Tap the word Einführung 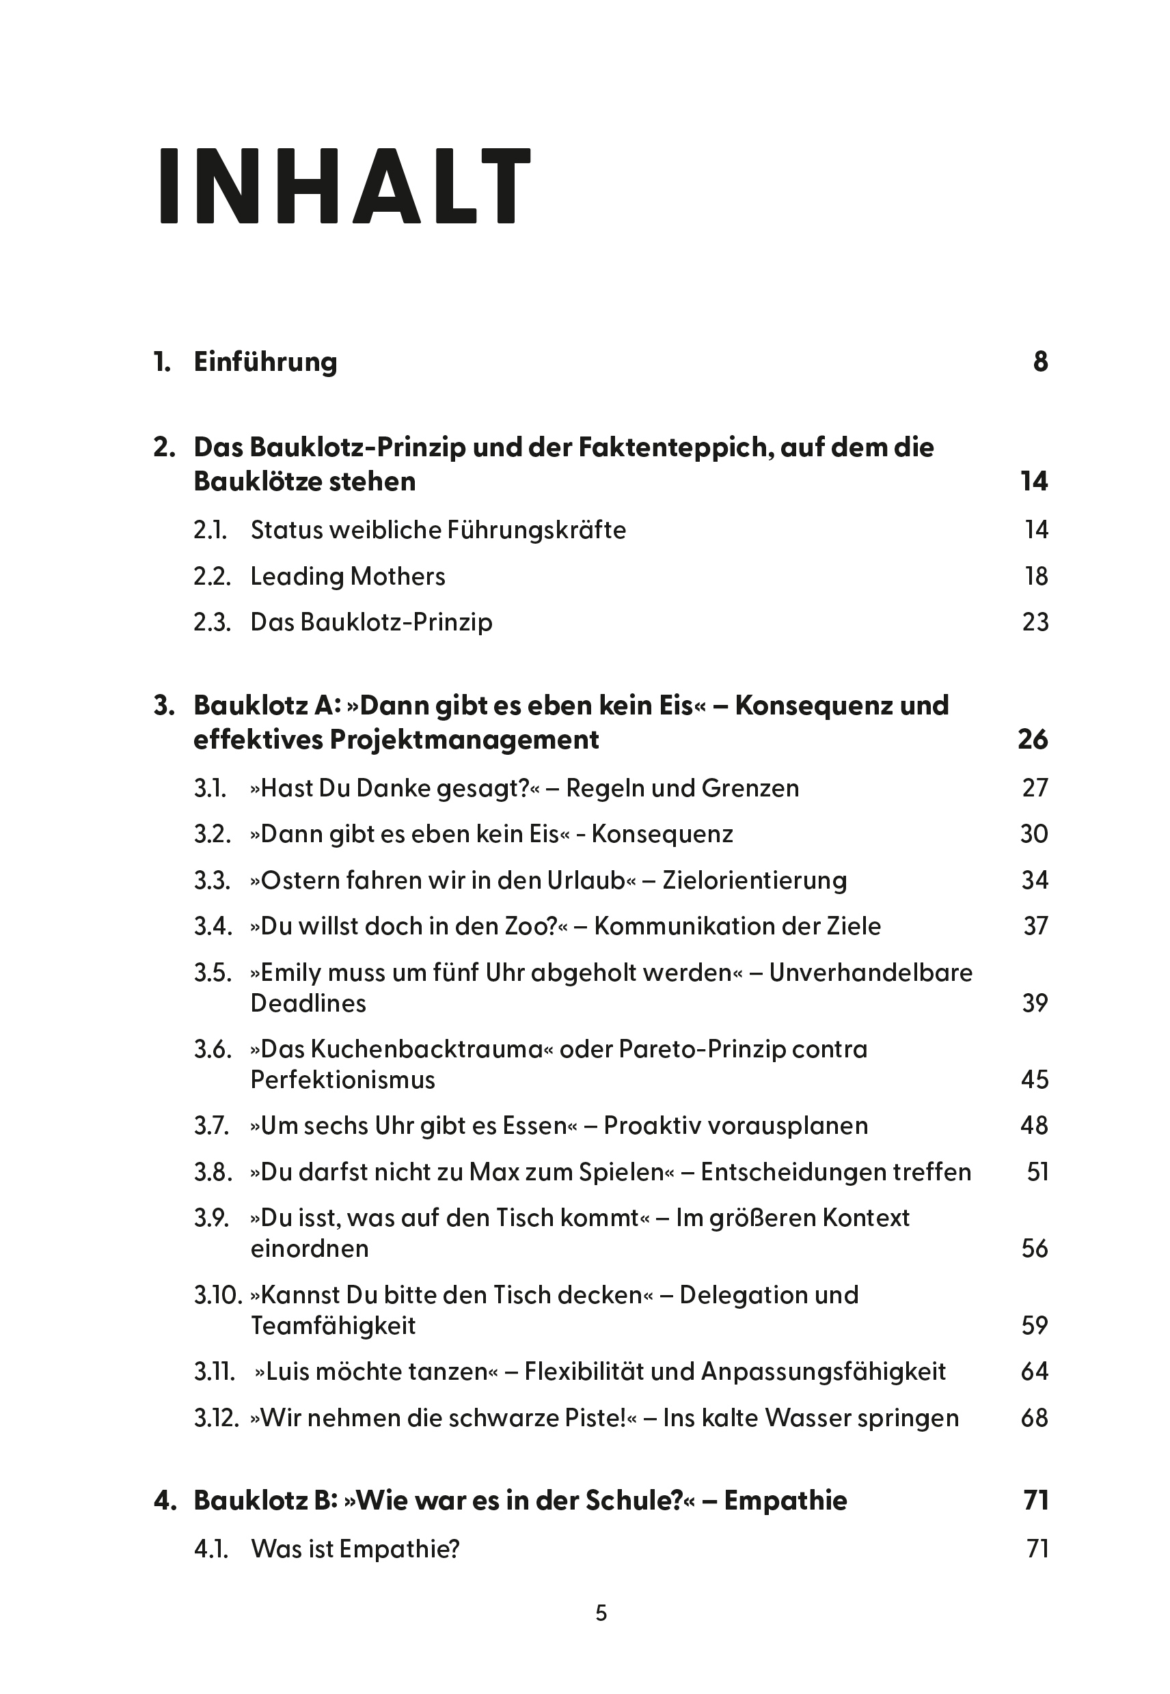click(x=265, y=362)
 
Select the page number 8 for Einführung click(x=1040, y=362)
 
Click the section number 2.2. click(x=212, y=577)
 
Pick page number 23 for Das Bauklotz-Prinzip click(x=1035, y=622)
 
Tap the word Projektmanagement click(x=464, y=740)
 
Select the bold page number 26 click(x=1033, y=740)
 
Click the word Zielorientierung click(x=754, y=880)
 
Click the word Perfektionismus click(x=342, y=1080)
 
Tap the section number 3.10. click(x=218, y=1295)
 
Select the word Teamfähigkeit click(x=333, y=1327)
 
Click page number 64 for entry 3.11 click(x=1035, y=1372)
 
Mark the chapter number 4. click(x=165, y=1501)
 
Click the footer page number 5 click(x=601, y=1613)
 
